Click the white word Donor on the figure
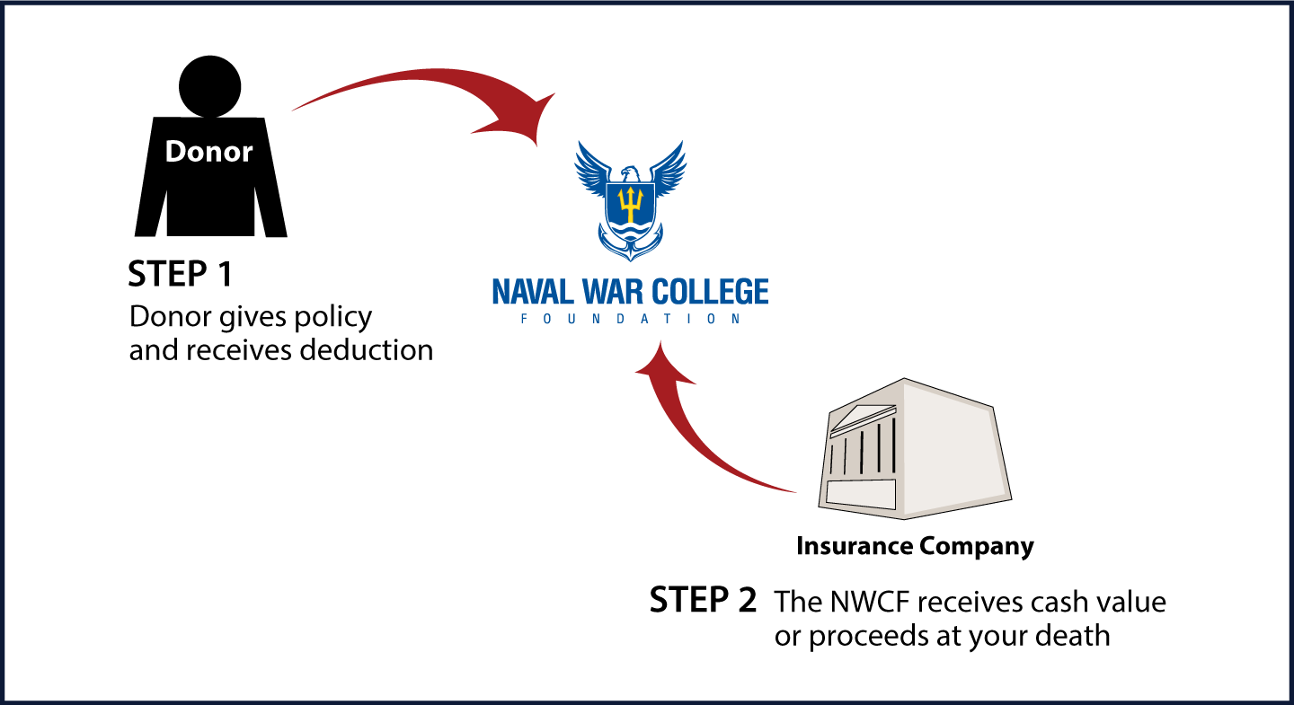pos(208,151)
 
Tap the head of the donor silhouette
pos(209,86)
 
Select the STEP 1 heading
pos(181,274)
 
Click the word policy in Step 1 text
pos(332,318)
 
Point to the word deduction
pos(367,350)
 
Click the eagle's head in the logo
pos(630,174)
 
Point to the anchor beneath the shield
pos(630,245)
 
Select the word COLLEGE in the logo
pos(711,292)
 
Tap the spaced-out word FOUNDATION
pos(630,319)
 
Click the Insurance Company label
pos(915,546)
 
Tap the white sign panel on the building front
pos(861,494)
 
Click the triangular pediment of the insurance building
pos(863,417)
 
